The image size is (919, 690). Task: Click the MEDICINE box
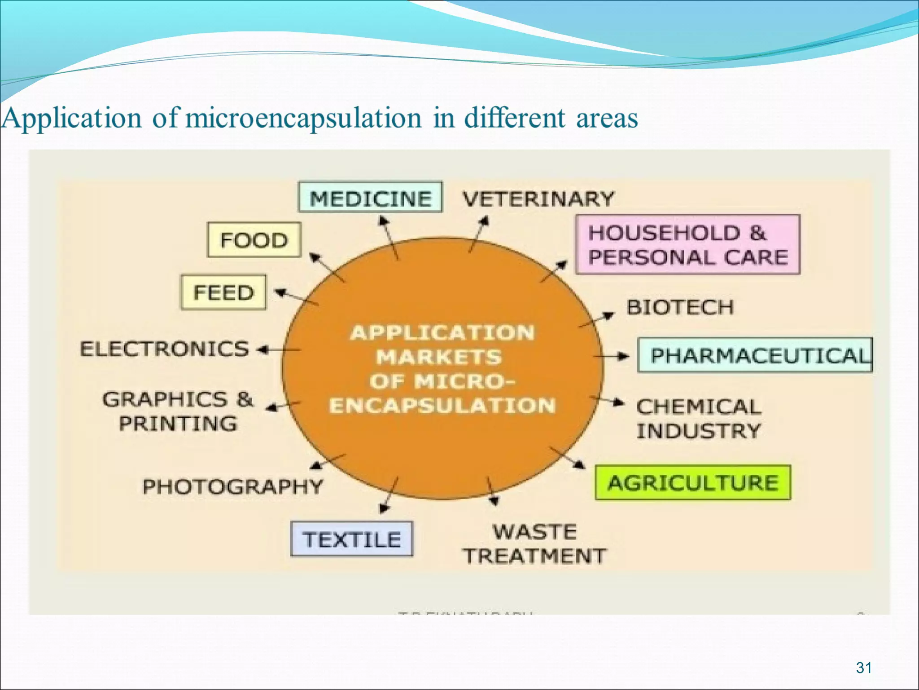pyautogui.click(x=370, y=198)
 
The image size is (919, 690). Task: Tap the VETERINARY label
pyautogui.click(x=538, y=199)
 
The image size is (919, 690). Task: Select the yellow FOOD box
pyautogui.click(x=254, y=240)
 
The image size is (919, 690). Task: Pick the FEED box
pyautogui.click(x=223, y=292)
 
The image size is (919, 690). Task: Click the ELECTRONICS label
pyautogui.click(x=164, y=349)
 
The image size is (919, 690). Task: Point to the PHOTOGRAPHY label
pyautogui.click(x=232, y=487)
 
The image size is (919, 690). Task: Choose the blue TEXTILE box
pyautogui.click(x=351, y=539)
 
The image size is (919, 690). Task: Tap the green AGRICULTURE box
pyautogui.click(x=692, y=483)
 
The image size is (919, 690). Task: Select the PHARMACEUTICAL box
pyautogui.click(x=755, y=355)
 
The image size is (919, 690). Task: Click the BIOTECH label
pyautogui.click(x=680, y=308)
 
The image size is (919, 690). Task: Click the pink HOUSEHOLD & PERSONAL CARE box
pyautogui.click(x=687, y=245)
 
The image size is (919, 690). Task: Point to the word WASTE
pyautogui.click(x=535, y=532)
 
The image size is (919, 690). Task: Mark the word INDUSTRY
pyautogui.click(x=699, y=431)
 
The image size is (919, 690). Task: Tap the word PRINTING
pyautogui.click(x=178, y=424)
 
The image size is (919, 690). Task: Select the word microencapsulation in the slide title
pyautogui.click(x=303, y=118)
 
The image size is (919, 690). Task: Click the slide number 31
pyautogui.click(x=864, y=668)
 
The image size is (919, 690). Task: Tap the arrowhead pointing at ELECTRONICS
pyautogui.click(x=262, y=349)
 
